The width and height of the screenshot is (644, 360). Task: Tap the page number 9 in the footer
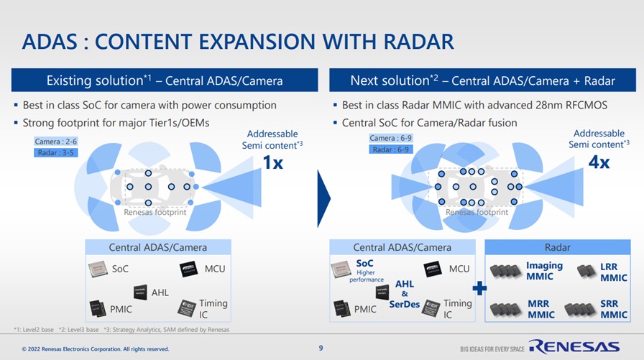pyautogui.click(x=321, y=349)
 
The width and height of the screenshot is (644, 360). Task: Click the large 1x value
pyautogui.click(x=272, y=163)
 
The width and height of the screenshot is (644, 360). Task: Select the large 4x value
pyautogui.click(x=599, y=162)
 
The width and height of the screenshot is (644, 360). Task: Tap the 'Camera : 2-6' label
pyautogui.click(x=56, y=142)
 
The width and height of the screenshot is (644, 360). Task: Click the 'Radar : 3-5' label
pyautogui.click(x=55, y=152)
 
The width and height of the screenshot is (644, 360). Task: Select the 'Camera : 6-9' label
pyautogui.click(x=390, y=138)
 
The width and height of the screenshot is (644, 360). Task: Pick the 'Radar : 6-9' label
pyautogui.click(x=390, y=149)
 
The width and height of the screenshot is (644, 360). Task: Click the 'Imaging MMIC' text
pyautogui.click(x=544, y=271)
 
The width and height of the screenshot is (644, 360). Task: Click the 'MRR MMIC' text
pyautogui.click(x=540, y=309)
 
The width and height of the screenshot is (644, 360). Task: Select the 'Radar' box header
pyautogui.click(x=558, y=247)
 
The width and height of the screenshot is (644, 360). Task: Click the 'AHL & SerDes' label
pyautogui.click(x=405, y=293)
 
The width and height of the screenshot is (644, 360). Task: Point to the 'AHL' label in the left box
pyautogui.click(x=160, y=292)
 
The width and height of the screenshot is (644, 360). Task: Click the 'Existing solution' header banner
pyautogui.click(x=165, y=80)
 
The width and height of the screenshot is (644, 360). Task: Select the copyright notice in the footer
pyautogui.click(x=96, y=349)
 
